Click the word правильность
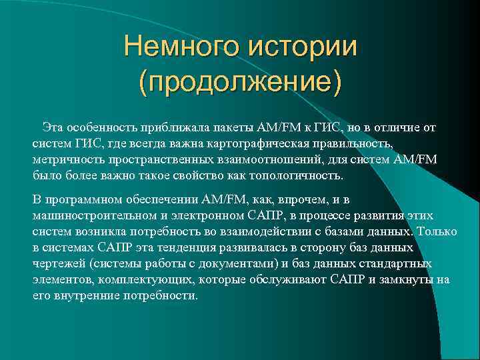[x=347, y=143]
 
